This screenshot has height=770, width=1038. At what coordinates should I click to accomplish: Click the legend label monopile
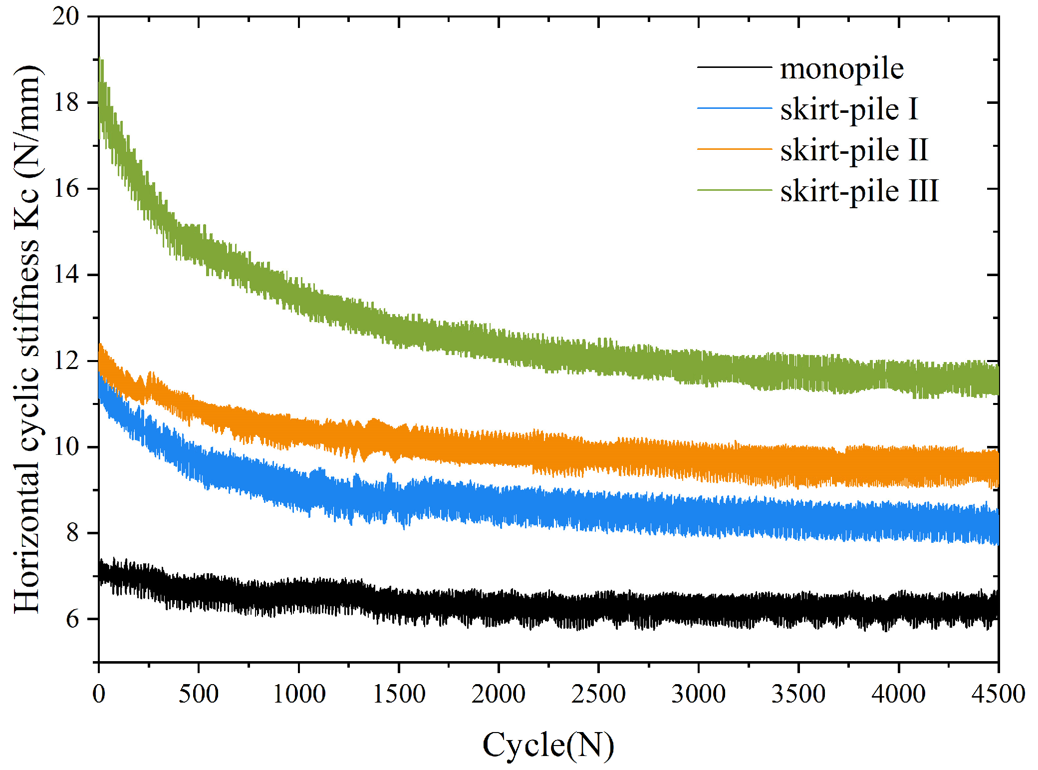pyautogui.click(x=841, y=68)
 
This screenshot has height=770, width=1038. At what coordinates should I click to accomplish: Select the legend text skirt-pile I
pyautogui.click(x=849, y=109)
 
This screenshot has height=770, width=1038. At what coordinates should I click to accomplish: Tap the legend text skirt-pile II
pyautogui.click(x=854, y=150)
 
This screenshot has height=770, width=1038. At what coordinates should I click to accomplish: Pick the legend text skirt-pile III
pyautogui.click(x=859, y=191)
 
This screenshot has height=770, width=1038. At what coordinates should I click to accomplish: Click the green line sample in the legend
pyautogui.click(x=734, y=190)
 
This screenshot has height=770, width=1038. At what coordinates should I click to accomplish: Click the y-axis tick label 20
pyautogui.click(x=65, y=16)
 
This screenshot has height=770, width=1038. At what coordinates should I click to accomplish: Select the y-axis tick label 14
pyautogui.click(x=65, y=275)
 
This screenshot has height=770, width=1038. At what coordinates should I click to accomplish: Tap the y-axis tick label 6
pyautogui.click(x=72, y=619)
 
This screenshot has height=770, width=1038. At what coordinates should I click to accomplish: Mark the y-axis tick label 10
pyautogui.click(x=65, y=447)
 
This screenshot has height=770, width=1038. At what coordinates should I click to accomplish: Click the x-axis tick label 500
pyautogui.click(x=199, y=694)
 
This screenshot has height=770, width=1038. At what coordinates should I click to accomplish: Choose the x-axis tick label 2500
pyautogui.click(x=598, y=694)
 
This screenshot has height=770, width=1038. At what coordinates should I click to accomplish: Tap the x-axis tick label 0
pyautogui.click(x=99, y=694)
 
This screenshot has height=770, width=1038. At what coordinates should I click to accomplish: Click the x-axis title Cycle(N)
pyautogui.click(x=548, y=745)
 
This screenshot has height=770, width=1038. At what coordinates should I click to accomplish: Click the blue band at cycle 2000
pyautogui.click(x=499, y=504)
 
